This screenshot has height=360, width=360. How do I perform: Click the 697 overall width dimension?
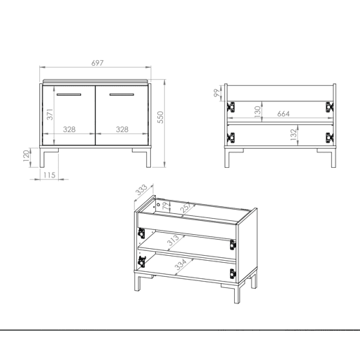(x=97, y=63)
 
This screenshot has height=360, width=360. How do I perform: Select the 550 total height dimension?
(x=161, y=117)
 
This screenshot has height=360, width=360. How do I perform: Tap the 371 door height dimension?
(x=50, y=115)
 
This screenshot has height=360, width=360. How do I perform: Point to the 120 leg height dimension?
(x=26, y=156)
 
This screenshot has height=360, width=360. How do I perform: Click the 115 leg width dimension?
(x=50, y=175)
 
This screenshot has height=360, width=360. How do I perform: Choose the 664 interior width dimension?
(x=283, y=114)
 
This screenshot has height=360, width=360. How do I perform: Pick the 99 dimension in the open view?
(x=217, y=93)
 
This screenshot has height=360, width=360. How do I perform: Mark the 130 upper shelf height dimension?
(x=257, y=112)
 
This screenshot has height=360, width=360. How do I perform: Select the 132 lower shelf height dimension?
(x=294, y=134)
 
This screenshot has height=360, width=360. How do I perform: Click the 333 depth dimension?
(x=141, y=189)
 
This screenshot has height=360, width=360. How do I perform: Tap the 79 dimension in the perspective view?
(x=165, y=207)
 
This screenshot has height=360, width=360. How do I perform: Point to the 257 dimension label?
(x=187, y=208)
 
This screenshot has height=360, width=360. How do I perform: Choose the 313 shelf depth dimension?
(x=173, y=240)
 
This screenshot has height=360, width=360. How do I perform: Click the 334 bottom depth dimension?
(x=180, y=264)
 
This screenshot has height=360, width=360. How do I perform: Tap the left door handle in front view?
(x=69, y=94)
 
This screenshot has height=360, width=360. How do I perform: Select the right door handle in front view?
(x=122, y=94)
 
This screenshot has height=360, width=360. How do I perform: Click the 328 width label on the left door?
(x=69, y=129)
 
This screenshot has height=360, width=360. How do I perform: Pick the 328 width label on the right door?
(x=122, y=129)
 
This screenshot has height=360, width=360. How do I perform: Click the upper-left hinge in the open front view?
(x=231, y=107)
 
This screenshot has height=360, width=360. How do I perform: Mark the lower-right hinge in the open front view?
(x=329, y=138)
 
